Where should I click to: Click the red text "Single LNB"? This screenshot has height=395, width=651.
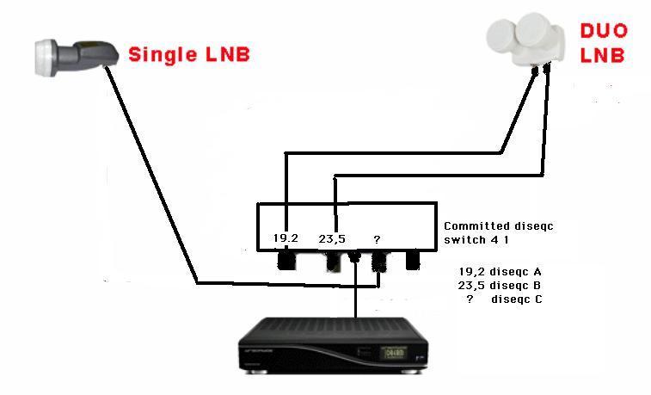click(x=189, y=55)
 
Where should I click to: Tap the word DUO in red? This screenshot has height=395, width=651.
click(x=604, y=31)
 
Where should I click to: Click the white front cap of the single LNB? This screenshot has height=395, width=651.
click(x=46, y=58)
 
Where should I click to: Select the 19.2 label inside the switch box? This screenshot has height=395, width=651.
click(x=286, y=238)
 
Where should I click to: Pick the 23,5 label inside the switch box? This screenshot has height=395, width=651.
click(x=332, y=239)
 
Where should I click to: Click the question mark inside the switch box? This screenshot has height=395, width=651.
click(x=377, y=239)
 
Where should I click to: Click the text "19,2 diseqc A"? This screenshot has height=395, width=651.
click(x=500, y=272)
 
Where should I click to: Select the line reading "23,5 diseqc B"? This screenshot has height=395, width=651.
click(x=500, y=286)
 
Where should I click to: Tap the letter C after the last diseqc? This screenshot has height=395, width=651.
click(x=538, y=299)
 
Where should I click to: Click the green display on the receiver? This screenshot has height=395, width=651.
click(x=394, y=353)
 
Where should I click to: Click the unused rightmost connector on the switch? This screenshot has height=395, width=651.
click(x=413, y=260)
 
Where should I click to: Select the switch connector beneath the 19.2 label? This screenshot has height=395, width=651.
click(x=286, y=260)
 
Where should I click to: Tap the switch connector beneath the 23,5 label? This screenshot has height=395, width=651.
click(x=333, y=262)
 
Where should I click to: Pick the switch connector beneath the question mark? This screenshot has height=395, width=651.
click(x=378, y=262)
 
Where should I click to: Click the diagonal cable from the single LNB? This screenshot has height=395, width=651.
click(x=151, y=175)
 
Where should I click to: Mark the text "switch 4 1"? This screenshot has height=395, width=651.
click(x=476, y=240)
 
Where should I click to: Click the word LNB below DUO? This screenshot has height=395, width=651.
click(x=603, y=56)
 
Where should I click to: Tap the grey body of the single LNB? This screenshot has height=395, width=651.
click(x=86, y=55)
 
